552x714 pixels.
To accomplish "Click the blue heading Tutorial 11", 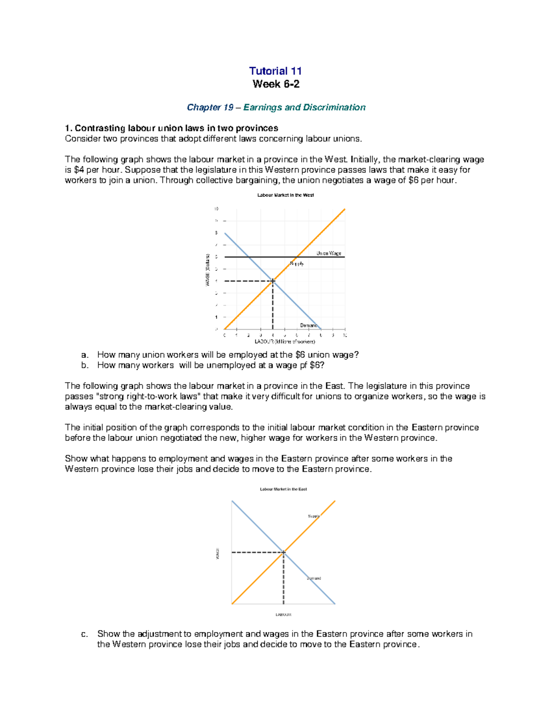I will coord(275,71).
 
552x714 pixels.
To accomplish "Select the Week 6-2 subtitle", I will coord(276,84).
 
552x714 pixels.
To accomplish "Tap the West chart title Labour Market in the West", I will coord(285,195).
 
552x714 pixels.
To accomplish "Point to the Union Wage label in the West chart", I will coord(328,253).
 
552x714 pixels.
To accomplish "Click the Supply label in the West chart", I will coord(296,263).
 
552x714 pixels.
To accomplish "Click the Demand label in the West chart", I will coord(308,325).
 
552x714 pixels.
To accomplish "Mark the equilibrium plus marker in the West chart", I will coord(273,281).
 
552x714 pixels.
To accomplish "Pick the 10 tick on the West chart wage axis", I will coord(216,209).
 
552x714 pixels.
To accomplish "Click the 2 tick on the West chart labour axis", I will coord(248,335).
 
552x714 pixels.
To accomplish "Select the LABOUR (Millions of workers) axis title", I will coord(285,342).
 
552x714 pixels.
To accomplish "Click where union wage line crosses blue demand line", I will coord(249,257).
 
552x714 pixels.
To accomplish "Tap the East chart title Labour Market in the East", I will coord(283,489).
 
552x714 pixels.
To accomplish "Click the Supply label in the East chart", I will coord(314,516).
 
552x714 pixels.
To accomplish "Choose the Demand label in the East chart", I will coord(314,578).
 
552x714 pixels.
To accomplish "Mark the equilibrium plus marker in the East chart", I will coord(283,552).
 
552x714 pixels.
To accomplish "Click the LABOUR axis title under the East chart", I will coord(283,614).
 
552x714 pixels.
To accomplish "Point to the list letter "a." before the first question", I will coord(84,355).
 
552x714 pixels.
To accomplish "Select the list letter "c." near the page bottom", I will coord(84,634).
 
